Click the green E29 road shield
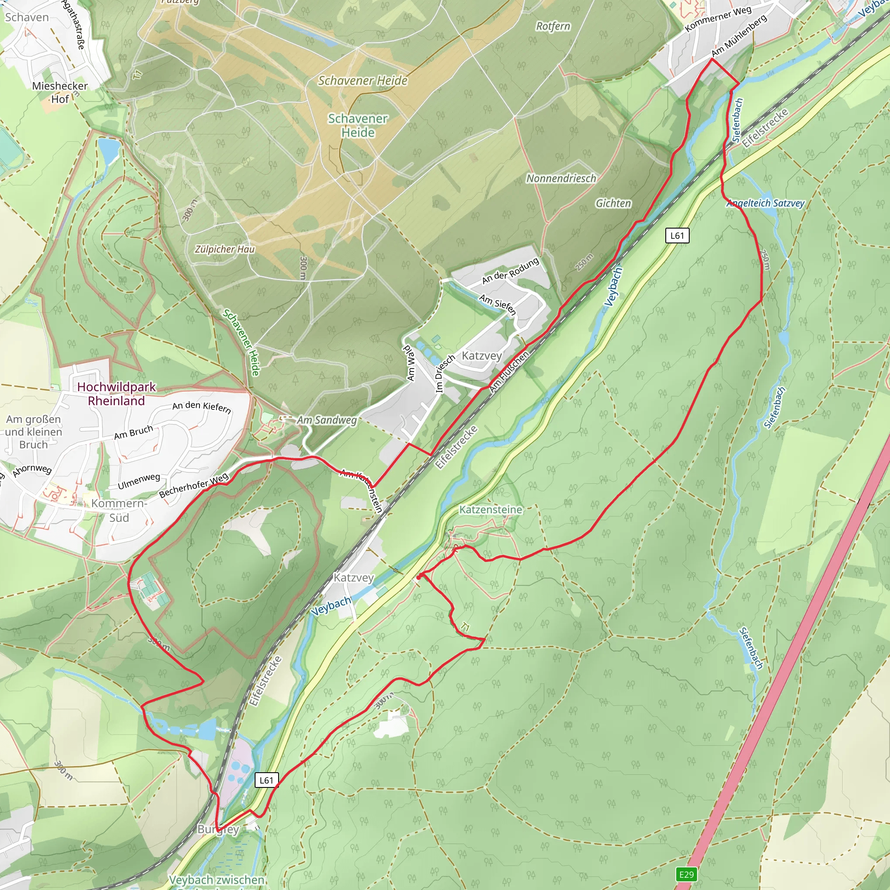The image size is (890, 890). (686, 874)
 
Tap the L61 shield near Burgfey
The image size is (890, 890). (266, 780)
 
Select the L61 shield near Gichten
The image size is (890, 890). (677, 236)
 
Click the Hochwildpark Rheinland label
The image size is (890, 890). (116, 394)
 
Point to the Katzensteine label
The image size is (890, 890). (491, 509)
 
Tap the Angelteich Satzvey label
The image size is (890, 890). (765, 203)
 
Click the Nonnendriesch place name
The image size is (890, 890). (561, 178)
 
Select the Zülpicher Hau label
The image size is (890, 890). (224, 249)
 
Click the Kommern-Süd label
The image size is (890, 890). (119, 510)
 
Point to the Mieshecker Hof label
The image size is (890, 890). (60, 92)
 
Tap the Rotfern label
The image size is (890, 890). (553, 26)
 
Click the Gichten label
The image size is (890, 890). (613, 203)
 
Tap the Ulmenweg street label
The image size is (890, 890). (139, 482)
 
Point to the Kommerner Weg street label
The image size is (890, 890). (718, 18)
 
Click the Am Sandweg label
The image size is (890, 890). (326, 420)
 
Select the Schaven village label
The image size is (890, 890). (27, 17)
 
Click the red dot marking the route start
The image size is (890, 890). (419, 577)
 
